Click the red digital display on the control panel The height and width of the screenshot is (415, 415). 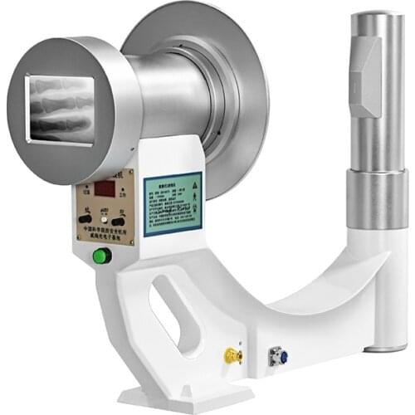click(x=105, y=190)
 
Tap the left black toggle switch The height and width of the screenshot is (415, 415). click(x=85, y=219)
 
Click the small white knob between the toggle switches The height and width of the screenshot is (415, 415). click(x=104, y=218)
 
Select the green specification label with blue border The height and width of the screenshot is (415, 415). click(x=173, y=203)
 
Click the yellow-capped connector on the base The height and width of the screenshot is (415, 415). click(x=232, y=356)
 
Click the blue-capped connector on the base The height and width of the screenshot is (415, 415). click(x=278, y=359)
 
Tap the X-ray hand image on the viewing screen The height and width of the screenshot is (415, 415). click(x=59, y=109)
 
